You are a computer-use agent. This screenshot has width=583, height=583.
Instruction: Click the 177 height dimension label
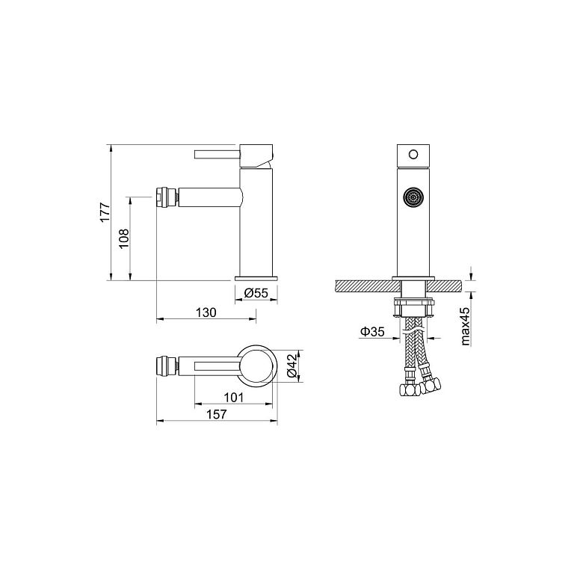(x=105, y=212)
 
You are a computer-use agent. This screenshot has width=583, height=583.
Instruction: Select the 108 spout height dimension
(x=124, y=238)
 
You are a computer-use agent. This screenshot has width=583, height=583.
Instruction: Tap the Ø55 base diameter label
(x=256, y=293)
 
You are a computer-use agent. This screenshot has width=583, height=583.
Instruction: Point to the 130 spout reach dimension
(x=206, y=312)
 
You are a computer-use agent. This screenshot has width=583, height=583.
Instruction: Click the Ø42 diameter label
(x=291, y=365)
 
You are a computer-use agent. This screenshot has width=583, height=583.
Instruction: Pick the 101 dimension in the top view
(x=233, y=398)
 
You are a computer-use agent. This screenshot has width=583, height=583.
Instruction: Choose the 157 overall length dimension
(x=217, y=414)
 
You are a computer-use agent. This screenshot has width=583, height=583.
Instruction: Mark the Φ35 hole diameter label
(x=372, y=331)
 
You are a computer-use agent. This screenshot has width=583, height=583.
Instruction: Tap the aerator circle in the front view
(x=413, y=196)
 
